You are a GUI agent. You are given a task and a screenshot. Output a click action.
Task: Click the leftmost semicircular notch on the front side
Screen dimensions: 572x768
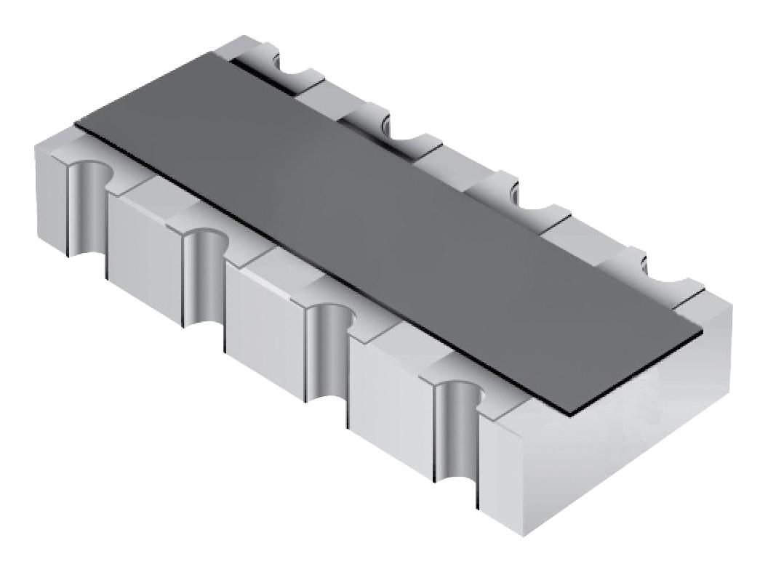click(87, 196)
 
